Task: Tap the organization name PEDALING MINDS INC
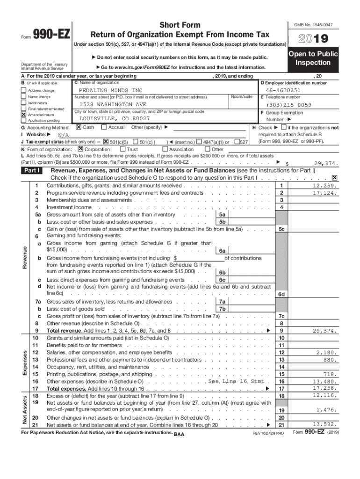point(111,90)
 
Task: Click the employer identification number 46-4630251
point(283,90)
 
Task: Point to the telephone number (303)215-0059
point(289,105)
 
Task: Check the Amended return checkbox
point(23,114)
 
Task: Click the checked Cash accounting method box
point(79,127)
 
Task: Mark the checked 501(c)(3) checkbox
point(106,142)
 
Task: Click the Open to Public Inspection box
point(313,58)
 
